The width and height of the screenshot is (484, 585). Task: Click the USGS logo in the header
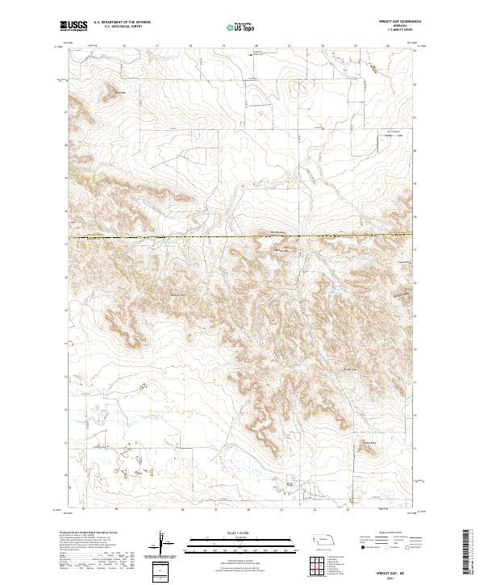[x=73, y=26]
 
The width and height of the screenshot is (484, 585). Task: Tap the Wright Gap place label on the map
[x=350, y=370]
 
